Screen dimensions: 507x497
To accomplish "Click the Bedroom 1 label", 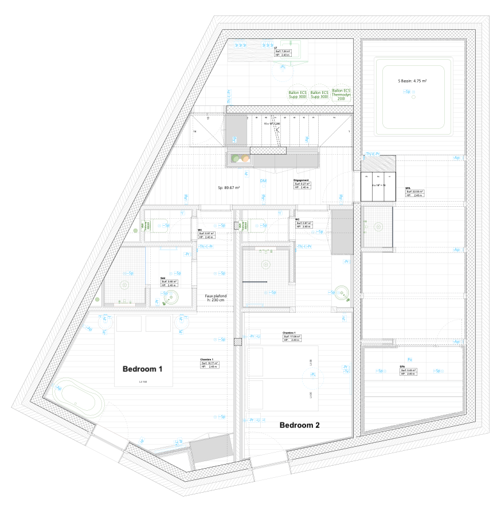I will coord(143,369).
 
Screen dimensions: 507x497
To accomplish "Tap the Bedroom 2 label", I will coord(299,425).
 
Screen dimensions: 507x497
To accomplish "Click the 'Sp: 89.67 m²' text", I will coord(228,187).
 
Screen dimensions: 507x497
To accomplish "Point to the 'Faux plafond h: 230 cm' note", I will coord(216,298).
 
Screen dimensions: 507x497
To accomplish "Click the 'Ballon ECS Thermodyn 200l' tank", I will coord(341,95).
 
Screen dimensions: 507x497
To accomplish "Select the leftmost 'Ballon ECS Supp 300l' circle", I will coord(298,95).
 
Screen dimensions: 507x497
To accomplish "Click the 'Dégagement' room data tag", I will coord(302,184).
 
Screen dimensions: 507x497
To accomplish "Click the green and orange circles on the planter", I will coord(240,158).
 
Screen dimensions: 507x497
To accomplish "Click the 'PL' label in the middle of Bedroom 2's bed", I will coord(312,374).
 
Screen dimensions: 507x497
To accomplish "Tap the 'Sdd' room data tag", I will coord(169,282).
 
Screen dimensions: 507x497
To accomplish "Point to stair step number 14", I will coord(195,132).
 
